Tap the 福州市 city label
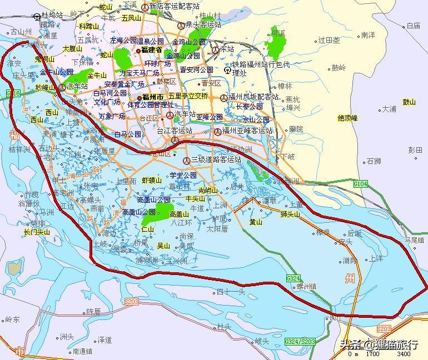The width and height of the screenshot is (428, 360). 152,98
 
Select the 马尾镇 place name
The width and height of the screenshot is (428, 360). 414,241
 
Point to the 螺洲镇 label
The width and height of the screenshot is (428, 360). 306,287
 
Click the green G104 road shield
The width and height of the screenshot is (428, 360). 361,183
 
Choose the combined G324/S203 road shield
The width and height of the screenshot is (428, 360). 299,341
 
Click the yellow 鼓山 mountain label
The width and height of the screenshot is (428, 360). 409,102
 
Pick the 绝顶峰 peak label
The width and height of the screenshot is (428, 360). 348,118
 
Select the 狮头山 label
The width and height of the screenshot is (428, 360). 290,214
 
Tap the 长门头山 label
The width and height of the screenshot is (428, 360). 37,232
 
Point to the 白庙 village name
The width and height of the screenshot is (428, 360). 413,26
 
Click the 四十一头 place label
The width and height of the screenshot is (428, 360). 231,292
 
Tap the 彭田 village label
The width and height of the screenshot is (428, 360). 415,151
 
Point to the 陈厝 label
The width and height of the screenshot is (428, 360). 93,312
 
